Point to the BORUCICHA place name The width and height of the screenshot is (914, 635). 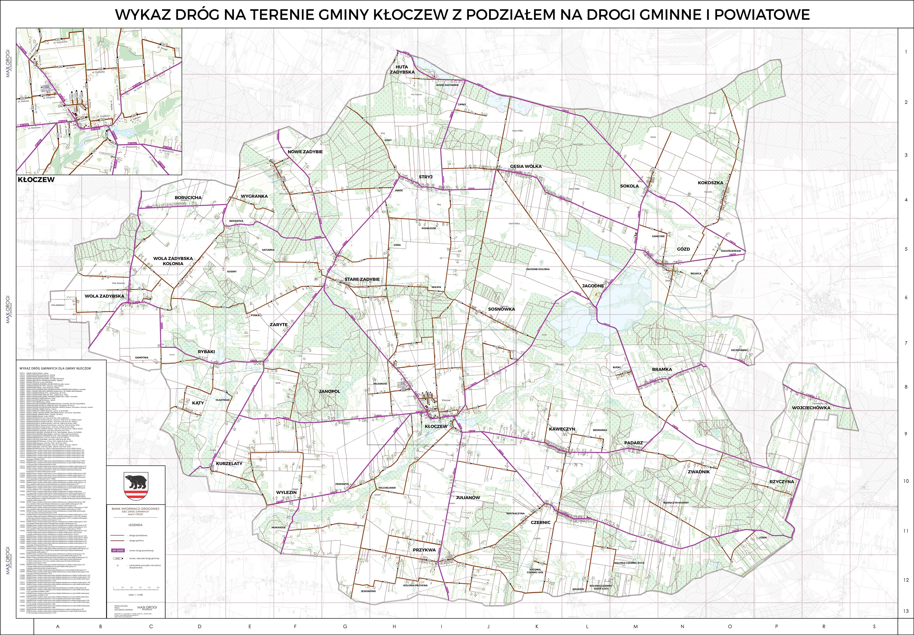point(188,197)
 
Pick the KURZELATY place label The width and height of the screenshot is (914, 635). point(229,463)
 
